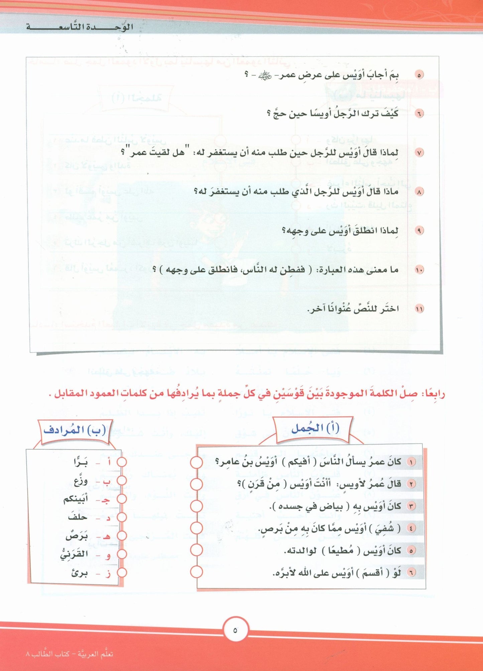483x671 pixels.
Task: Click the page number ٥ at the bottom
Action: coord(235,630)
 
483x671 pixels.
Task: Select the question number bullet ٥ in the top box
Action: coord(419,75)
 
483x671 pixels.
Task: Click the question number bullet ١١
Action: coord(419,309)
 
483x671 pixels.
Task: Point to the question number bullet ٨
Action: coord(419,192)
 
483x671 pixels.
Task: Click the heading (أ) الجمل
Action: coord(315,428)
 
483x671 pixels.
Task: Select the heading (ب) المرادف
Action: coord(75,430)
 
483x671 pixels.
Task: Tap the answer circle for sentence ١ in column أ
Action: coord(197,462)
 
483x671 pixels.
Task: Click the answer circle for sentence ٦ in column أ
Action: coord(197,572)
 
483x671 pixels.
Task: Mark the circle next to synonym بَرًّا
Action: coord(122,462)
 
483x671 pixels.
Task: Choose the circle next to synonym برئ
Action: coord(122,572)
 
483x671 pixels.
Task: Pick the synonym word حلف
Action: coord(78,517)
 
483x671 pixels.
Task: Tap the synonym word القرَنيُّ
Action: coord(74,554)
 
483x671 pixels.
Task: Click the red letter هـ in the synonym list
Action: coord(106,536)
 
